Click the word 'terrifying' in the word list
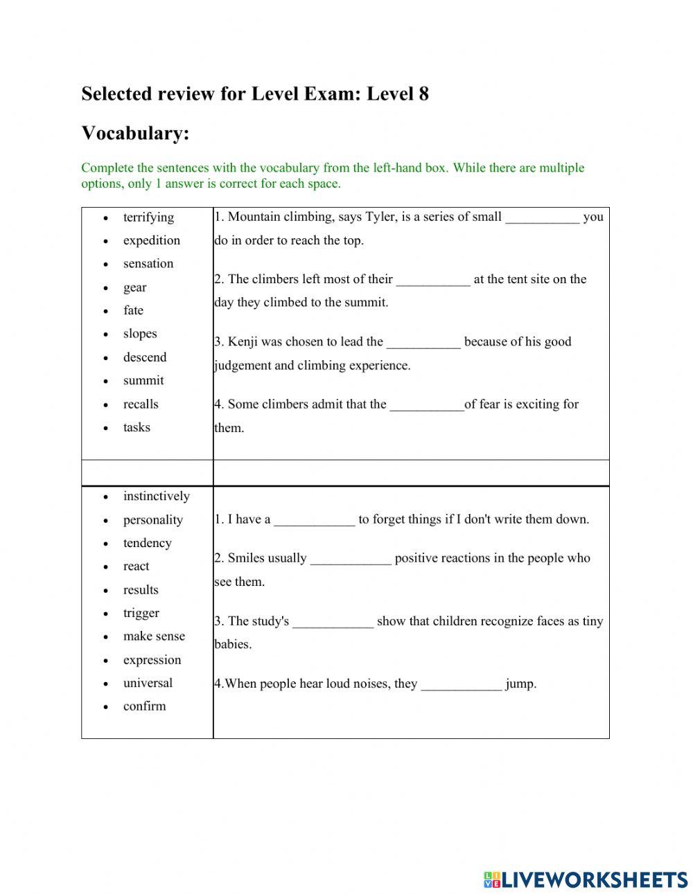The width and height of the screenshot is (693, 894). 148,217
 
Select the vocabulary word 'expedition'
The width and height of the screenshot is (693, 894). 151,240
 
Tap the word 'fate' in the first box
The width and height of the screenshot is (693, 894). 133,310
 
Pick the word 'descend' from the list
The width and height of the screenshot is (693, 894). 145,357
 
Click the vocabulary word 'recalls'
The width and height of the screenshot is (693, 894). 141,404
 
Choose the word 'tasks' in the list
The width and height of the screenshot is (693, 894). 137,427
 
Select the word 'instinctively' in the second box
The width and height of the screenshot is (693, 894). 156,497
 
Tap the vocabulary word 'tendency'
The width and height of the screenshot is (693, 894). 147,543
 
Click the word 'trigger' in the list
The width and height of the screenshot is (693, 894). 141,613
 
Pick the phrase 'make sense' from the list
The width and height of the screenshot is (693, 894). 154,636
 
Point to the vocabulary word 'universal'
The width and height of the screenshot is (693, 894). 148,683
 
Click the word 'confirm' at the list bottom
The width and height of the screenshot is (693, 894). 144,706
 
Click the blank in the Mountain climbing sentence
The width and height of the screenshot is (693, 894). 542,217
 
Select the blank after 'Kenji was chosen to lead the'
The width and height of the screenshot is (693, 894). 423,342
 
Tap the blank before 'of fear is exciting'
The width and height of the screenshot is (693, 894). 427,404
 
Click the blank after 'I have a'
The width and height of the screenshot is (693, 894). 314,520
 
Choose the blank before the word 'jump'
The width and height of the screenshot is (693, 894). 461,684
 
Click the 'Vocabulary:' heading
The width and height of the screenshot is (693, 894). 135,133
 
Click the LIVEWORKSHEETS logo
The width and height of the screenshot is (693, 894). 586,879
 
